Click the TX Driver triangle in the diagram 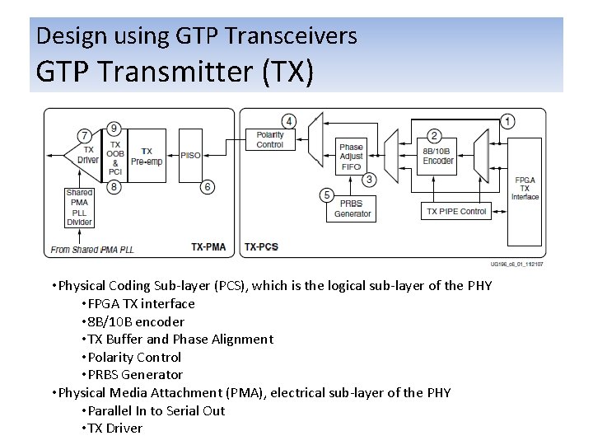point(81,155)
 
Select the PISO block point(190,155)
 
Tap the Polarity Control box point(269,139)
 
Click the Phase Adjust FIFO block point(351,157)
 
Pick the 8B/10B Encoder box point(438,156)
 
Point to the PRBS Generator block point(353,208)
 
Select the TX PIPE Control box point(456,212)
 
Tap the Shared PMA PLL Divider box point(79,207)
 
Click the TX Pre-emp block point(147,155)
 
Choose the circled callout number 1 point(508,121)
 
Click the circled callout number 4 point(288,121)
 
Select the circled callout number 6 point(208,187)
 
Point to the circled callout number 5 point(327,195)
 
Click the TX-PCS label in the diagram point(261,246)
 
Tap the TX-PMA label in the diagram point(208,246)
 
